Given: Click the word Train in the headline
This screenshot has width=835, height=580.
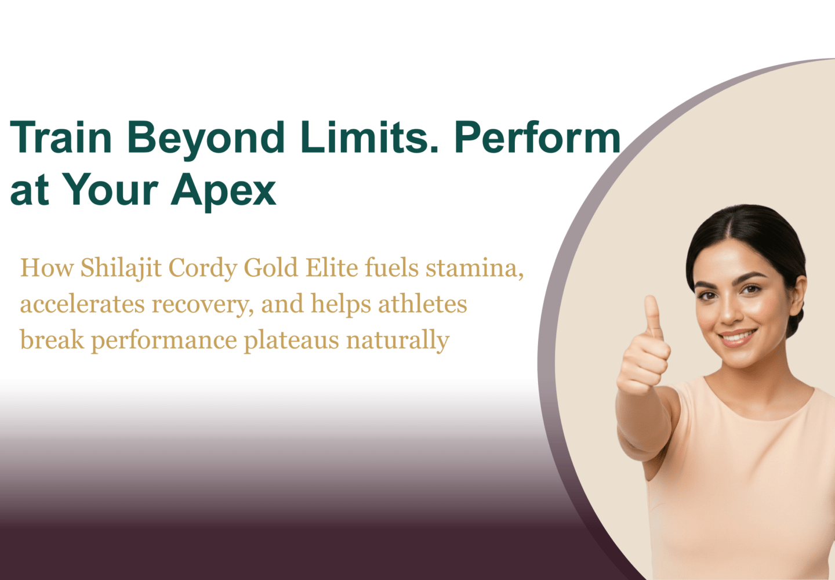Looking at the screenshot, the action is pos(61,137).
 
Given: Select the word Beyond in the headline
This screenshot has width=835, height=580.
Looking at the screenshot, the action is pos(206,140).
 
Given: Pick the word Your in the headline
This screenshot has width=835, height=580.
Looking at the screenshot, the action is pos(110,189).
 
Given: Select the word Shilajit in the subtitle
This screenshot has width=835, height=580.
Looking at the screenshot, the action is pos(121,269).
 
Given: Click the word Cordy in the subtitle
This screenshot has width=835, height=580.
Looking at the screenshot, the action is pos(203,269).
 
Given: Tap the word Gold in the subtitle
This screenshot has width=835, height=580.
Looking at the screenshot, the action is pos(271,267).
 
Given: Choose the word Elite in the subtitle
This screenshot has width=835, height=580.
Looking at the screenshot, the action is pos(332,267).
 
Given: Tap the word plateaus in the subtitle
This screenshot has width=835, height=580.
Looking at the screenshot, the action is pos(291,341).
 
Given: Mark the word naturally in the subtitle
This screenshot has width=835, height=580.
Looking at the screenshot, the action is pos(398,341).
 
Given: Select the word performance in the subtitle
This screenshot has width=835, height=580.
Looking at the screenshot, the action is pos(164,341).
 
